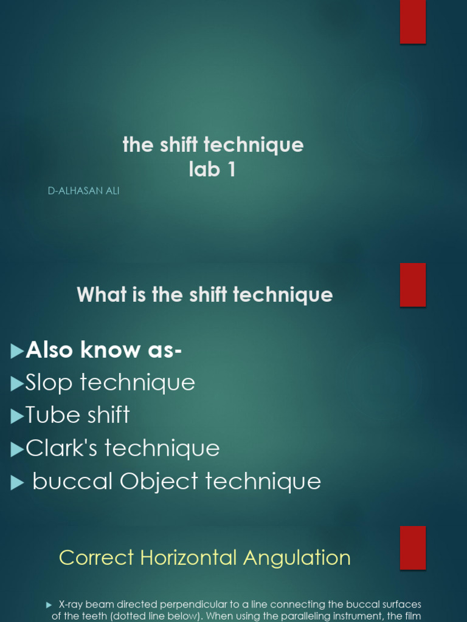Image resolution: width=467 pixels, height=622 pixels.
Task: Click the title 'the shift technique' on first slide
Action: [213, 145]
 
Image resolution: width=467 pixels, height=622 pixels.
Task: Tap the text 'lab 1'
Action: [212, 169]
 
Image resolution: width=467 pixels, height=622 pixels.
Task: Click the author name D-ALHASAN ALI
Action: [83, 191]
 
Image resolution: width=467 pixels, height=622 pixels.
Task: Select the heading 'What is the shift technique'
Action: [205, 295]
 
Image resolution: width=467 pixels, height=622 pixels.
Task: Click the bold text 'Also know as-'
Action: [103, 350]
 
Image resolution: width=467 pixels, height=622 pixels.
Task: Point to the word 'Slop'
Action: [49, 383]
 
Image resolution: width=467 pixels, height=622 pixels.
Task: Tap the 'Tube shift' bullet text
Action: [77, 415]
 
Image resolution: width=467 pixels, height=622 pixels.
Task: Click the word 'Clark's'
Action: [61, 448]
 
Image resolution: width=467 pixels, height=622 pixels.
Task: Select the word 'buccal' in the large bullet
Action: [72, 481]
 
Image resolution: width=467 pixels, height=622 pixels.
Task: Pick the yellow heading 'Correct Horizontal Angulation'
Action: [205, 558]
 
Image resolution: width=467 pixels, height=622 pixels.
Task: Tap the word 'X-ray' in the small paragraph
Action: [71, 605]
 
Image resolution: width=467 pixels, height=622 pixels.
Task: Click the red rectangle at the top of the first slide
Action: [413, 22]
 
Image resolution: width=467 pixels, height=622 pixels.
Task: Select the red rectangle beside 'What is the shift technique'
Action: [413, 285]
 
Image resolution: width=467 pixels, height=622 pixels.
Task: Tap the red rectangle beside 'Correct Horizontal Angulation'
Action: [413, 548]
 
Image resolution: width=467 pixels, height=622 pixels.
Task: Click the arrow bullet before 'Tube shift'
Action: [17, 416]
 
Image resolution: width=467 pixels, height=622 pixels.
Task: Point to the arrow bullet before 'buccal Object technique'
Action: [17, 482]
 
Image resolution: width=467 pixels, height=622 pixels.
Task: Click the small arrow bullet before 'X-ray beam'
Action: [49, 605]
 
